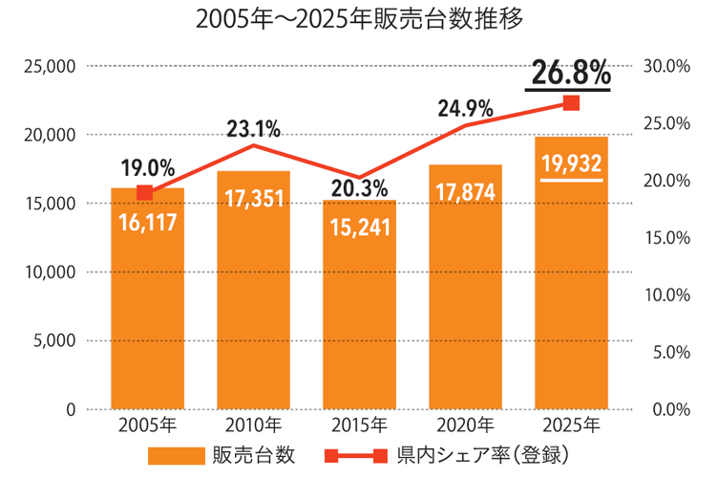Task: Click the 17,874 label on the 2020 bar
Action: pyautogui.click(x=465, y=192)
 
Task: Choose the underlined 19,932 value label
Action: pyautogui.click(x=571, y=164)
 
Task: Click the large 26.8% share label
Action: pyautogui.click(x=571, y=74)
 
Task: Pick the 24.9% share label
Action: pyautogui.click(x=465, y=108)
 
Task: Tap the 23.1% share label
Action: pyautogui.click(x=253, y=128)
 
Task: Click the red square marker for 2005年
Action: pyautogui.click(x=145, y=193)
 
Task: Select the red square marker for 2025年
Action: pyautogui.click(x=571, y=103)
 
